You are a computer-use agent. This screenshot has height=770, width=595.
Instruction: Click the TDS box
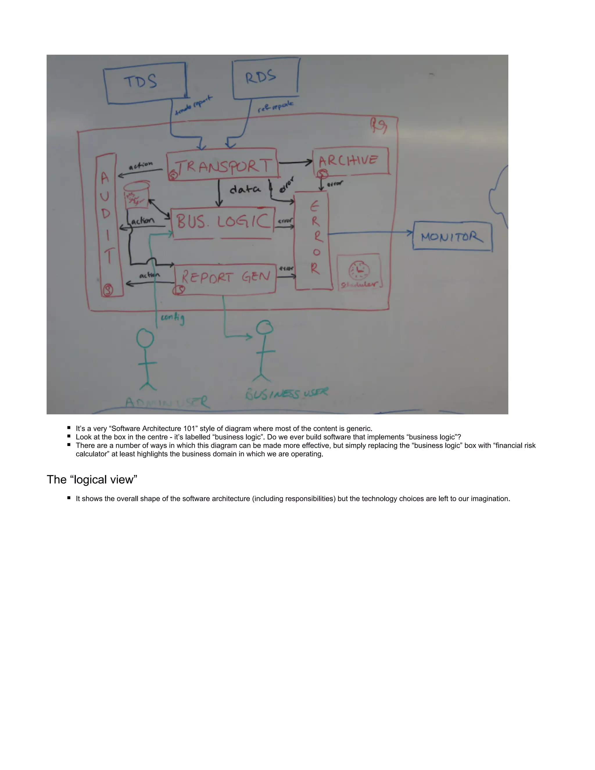[145, 83]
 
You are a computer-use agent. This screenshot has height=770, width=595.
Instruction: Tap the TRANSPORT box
[223, 165]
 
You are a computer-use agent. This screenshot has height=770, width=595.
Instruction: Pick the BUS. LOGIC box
[223, 223]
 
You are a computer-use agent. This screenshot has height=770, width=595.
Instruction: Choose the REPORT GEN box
[225, 279]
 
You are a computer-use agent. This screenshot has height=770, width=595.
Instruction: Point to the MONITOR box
[452, 236]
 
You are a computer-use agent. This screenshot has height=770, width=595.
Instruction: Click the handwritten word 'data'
[245, 190]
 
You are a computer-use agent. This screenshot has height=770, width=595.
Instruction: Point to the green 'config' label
[172, 318]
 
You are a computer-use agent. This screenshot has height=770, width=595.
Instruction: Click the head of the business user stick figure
[264, 327]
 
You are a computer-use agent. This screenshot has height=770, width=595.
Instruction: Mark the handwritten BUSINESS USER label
[286, 393]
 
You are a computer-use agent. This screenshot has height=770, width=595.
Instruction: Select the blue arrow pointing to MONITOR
[370, 233]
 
